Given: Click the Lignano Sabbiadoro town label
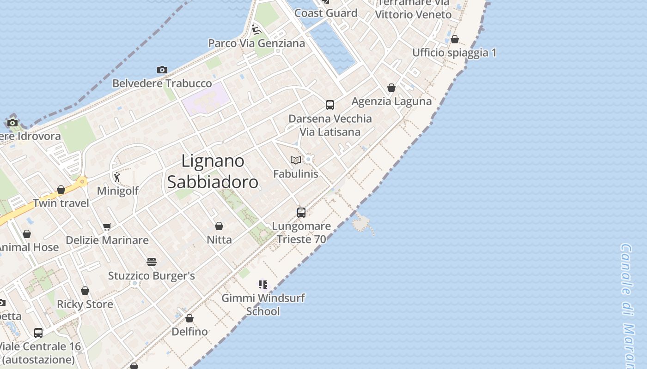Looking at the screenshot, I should coord(213,172).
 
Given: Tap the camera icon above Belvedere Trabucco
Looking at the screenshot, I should coord(162,70).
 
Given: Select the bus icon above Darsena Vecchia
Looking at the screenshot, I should coord(330,105).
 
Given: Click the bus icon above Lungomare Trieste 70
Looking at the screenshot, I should coord(301,213).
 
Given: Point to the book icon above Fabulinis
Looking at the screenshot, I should coord(296,160).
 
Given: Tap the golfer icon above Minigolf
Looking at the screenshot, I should coord(117,177).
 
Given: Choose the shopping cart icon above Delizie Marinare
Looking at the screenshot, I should coord(107,226).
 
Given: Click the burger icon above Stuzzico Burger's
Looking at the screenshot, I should coord(152,262).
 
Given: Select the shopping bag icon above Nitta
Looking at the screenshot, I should coord(219,226).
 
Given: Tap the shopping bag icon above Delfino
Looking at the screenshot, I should coord(189,318).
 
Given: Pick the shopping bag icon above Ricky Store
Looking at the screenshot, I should coord(85,291).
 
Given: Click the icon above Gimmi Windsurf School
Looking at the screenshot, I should coord(263,284).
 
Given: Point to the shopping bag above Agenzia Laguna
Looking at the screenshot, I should coord(391,88).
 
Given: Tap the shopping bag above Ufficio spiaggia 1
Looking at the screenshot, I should coord(455,39).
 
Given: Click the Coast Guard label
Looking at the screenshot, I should coord(326,13).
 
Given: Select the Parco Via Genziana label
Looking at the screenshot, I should coord(256,43).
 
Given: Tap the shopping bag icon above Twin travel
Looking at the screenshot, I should coord(61,190).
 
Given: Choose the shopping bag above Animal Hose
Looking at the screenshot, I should coord(27,234).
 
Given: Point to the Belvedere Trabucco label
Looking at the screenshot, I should coord(162,83).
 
